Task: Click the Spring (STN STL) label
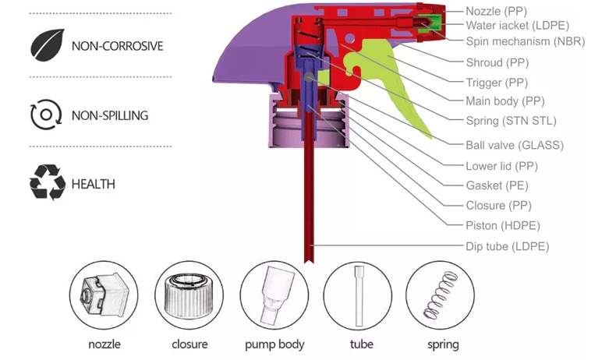tap(511, 121)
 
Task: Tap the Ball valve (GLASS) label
tap(514, 145)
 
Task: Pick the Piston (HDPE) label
tap(503, 226)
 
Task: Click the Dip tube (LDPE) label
tap(508, 246)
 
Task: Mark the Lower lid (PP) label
tap(501, 166)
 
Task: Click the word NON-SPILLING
tap(109, 115)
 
